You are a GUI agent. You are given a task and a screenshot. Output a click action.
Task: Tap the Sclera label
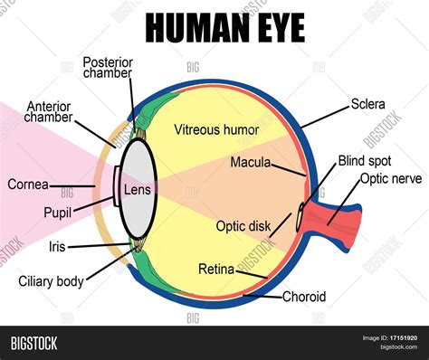tap(367, 105)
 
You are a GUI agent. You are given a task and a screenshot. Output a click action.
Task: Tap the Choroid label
tap(304, 296)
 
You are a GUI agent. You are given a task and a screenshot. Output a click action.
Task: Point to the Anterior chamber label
tap(49, 110)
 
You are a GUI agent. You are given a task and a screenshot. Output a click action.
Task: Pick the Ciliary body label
tap(52, 280)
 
